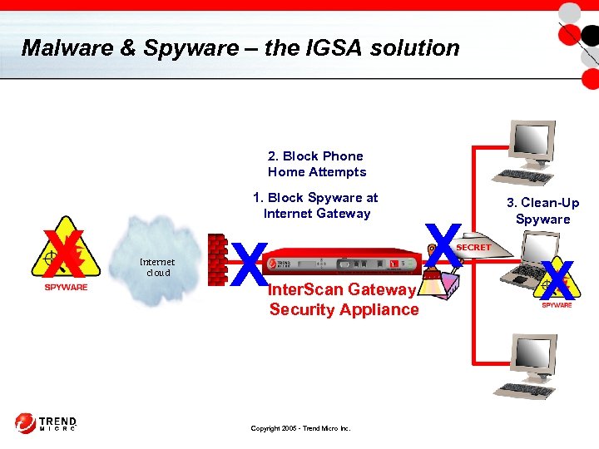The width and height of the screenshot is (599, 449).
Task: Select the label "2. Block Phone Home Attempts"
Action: tap(316, 164)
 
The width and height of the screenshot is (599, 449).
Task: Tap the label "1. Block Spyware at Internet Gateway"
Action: tap(316, 205)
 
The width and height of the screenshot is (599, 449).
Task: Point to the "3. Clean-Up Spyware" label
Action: tap(542, 211)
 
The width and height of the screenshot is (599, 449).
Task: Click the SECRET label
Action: tap(473, 248)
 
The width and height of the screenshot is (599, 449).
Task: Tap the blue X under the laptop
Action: tap(557, 280)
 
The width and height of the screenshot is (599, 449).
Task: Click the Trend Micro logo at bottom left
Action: tap(46, 423)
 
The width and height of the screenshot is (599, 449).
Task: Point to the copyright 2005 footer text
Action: tap(300, 429)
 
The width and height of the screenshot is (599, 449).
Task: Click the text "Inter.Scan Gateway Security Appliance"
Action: tap(343, 299)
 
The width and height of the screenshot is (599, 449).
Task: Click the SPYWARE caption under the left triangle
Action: tap(65, 288)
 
